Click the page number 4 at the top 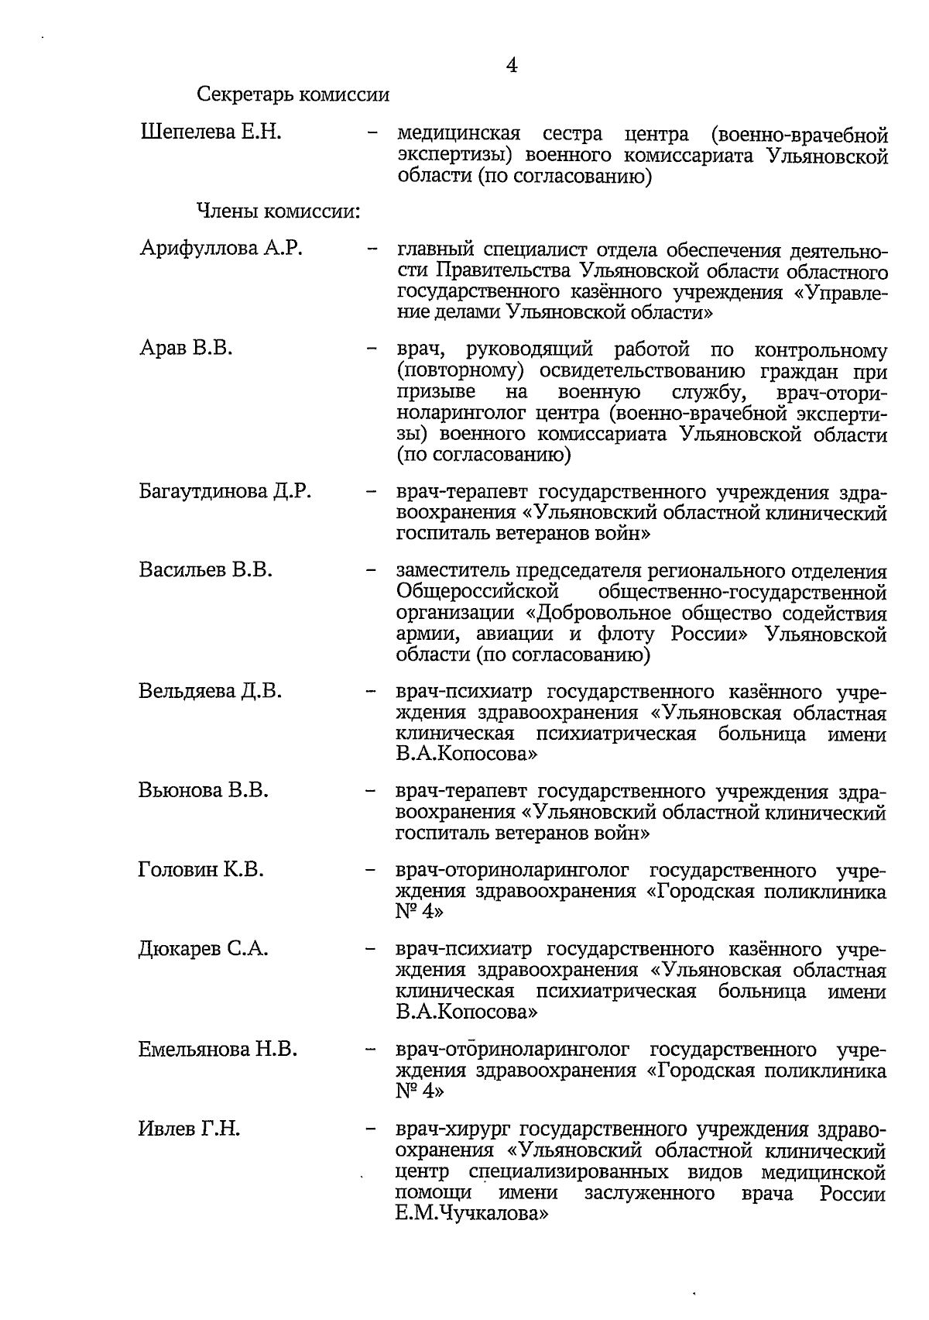511,66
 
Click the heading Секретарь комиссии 293,96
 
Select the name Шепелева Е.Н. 211,132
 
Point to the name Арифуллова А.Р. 221,249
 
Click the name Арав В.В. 186,349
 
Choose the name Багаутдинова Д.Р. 225,491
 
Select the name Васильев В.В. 206,570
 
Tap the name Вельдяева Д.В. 211,690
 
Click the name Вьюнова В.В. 204,790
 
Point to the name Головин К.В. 201,870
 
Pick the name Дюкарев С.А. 204,949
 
